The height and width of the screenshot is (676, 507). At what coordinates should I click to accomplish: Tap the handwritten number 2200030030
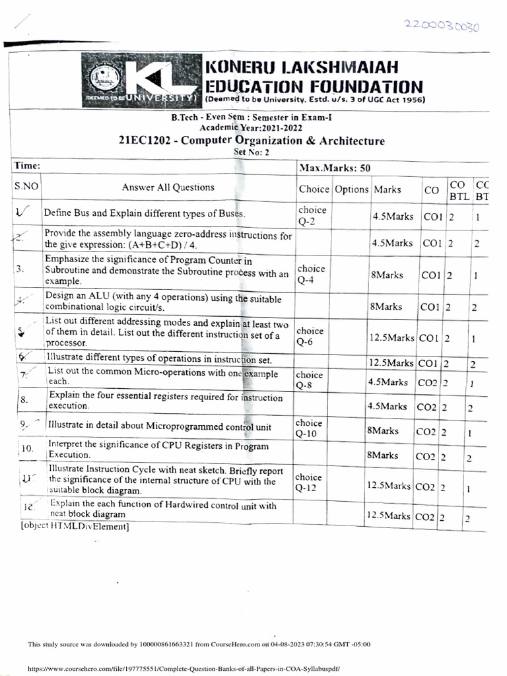click(444, 26)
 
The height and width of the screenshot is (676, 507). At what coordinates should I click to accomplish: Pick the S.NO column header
click(26, 187)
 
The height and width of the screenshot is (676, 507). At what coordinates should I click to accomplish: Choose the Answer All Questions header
click(168, 187)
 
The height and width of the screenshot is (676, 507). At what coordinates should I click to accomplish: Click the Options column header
click(351, 189)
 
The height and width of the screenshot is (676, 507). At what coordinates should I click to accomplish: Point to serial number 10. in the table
click(27, 449)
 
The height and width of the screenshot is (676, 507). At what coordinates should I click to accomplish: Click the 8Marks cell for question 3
click(382, 275)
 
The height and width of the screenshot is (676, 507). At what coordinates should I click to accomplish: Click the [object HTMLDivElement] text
click(69, 527)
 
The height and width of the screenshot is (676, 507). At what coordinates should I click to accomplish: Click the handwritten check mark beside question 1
click(24, 212)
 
